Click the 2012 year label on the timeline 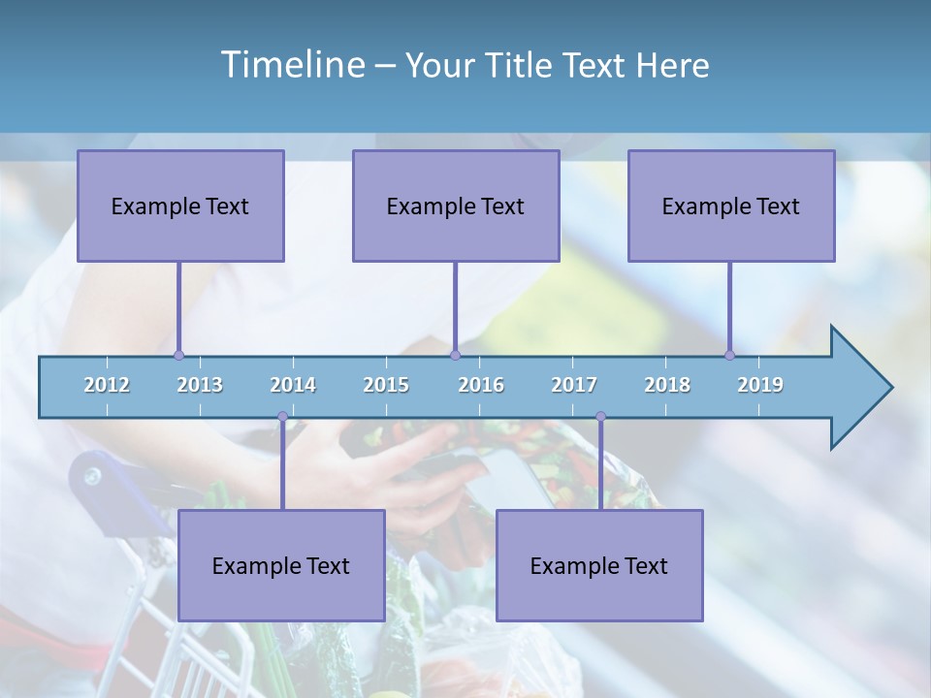coord(107,385)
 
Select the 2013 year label coord(200,385)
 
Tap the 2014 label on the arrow coord(293,385)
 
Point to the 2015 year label coord(386,385)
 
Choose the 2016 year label coord(481,385)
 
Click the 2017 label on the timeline coord(574,385)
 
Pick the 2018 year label coord(667,385)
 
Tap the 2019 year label coord(760,385)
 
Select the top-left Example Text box coord(180,206)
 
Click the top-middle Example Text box coord(456,206)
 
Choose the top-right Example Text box coord(731,206)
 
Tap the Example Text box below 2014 coord(281,565)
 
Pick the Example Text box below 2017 coord(599,565)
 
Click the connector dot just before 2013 coord(178,356)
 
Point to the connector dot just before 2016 coord(455,356)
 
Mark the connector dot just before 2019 coord(729,356)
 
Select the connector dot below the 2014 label coord(282,417)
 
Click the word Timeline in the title coord(291,64)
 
